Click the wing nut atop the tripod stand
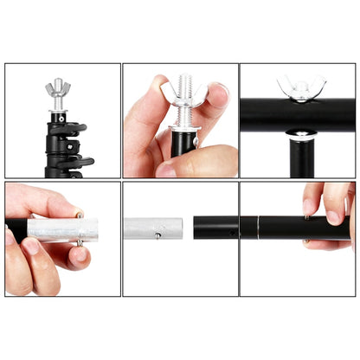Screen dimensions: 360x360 click(x=57, y=87)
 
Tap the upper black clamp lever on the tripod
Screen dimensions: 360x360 click(x=79, y=129)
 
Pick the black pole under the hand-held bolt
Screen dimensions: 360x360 click(x=183, y=143)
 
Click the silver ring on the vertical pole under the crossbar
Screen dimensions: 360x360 click(x=299, y=135)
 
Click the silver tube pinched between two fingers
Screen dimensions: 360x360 click(x=62, y=230)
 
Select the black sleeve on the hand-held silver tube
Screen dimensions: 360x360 click(x=17, y=231)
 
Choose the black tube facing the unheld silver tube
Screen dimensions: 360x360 click(x=216, y=228)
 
